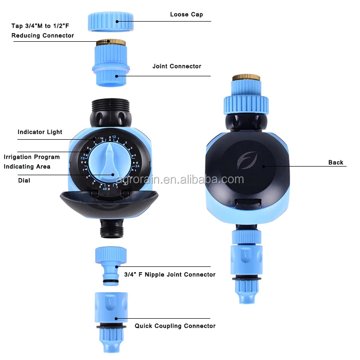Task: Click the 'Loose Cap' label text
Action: pyautogui.click(x=186, y=14)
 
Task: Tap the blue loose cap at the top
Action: pyautogui.click(x=110, y=22)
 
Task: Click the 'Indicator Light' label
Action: pyautogui.click(x=40, y=132)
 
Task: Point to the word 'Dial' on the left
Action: pyautogui.click(x=24, y=181)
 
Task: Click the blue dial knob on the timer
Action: pyautogui.click(x=110, y=161)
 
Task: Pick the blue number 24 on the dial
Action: pyautogui.click(x=137, y=167)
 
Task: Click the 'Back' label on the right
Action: pyautogui.click(x=336, y=162)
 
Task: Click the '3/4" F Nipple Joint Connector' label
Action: pyautogui.click(x=169, y=275)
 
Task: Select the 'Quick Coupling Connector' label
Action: pyautogui.click(x=175, y=326)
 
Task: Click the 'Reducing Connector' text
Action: pyautogui.click(x=43, y=36)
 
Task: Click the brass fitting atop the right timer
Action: pyautogui.click(x=246, y=77)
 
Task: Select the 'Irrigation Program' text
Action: pyautogui.click(x=32, y=157)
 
